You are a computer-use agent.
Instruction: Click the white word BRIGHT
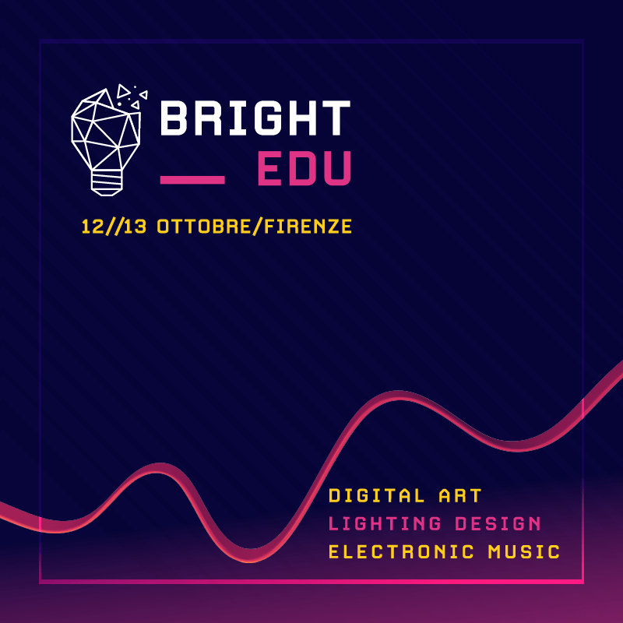[255, 118]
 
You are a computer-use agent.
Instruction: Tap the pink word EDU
[304, 168]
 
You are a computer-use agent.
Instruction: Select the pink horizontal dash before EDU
[192, 180]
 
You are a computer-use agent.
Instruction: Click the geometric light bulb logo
[109, 140]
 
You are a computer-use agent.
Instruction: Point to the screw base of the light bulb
[107, 183]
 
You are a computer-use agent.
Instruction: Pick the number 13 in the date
[135, 227]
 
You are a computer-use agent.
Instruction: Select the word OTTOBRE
[204, 227]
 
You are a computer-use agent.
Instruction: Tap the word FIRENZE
[308, 227]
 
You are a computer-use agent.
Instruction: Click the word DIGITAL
[377, 495]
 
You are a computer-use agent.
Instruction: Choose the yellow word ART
[460, 495]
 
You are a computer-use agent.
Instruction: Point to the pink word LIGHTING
[385, 523]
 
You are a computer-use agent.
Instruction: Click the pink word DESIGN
[498, 523]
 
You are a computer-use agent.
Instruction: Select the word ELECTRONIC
[401, 552]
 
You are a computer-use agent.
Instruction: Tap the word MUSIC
[523, 552]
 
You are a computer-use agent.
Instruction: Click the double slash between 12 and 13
[114, 227]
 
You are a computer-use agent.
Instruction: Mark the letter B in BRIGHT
[174, 118]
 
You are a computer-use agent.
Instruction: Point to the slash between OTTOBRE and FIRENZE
[258, 227]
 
